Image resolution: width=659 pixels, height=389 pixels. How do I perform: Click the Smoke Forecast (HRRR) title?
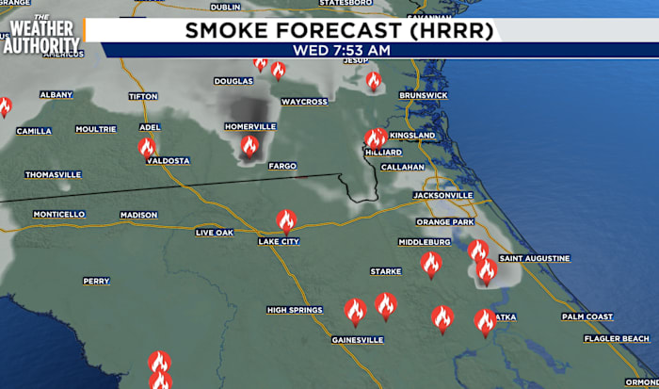pos(340,30)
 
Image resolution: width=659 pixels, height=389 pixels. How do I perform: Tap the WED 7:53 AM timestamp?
pos(340,50)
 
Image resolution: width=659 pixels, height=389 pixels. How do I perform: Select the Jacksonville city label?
pos(442,195)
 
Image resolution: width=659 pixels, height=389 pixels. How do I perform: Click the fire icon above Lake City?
pos(286,220)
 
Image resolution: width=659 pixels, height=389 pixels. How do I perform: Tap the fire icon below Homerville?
pos(249,146)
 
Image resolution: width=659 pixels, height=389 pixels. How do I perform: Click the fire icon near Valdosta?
pos(146,147)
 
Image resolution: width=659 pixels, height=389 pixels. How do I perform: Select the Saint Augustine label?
pos(534,258)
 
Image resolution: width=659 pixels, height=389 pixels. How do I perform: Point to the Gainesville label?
pos(357,339)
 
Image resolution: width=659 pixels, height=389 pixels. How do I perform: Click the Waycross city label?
pos(303,101)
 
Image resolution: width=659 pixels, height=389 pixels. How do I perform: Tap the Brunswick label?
pos(423,95)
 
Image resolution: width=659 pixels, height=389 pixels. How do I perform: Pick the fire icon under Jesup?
pos(374,81)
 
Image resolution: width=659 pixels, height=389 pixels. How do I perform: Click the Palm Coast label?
pos(587,316)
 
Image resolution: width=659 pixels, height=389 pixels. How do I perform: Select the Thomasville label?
pos(53,174)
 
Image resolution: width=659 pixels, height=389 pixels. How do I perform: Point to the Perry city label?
pos(96,281)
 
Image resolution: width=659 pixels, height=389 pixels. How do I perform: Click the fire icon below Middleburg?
pos(430,263)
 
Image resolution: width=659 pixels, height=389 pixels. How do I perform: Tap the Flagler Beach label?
pos(617,338)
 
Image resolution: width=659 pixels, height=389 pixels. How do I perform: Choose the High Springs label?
pos(296,310)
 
